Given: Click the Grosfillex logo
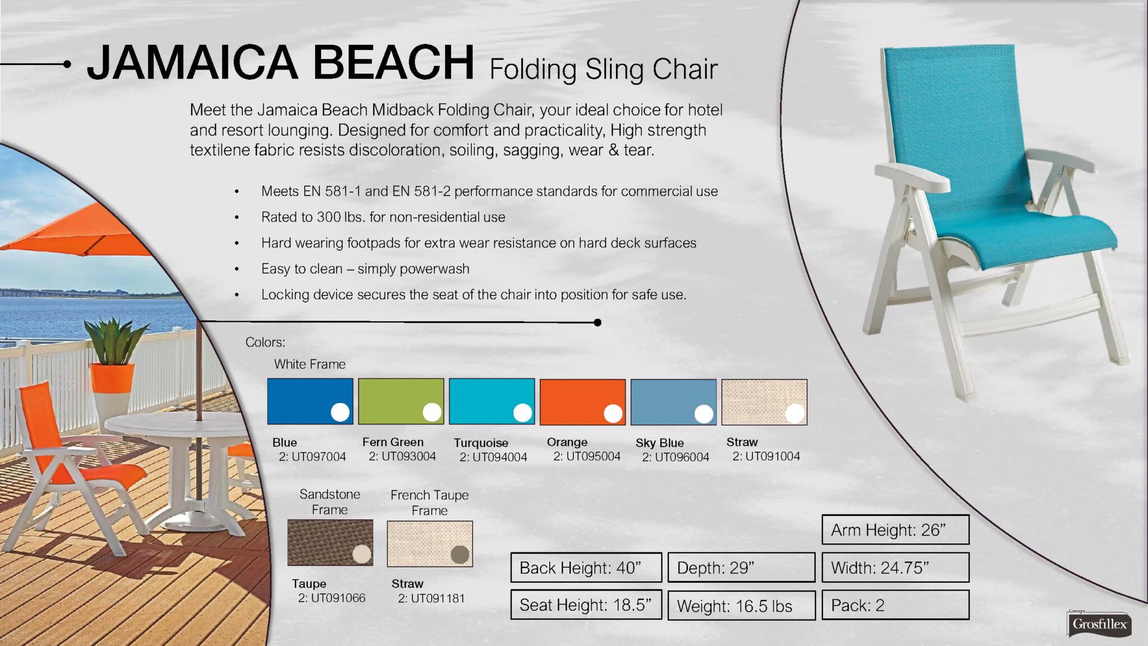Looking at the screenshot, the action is (1099, 624).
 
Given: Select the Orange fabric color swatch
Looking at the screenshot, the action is (582, 402).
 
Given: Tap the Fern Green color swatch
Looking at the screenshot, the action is (401, 402).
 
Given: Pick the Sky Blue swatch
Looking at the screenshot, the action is (673, 402).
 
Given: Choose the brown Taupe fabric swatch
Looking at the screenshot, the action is (330, 542).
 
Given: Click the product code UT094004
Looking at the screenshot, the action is (500, 457).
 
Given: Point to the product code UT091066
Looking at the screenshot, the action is (338, 598).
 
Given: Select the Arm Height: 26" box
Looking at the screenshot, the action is (895, 529).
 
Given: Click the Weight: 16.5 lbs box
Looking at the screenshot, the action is (741, 606).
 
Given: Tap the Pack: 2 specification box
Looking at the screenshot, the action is (895, 605).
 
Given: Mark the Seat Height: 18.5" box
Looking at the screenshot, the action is (586, 605).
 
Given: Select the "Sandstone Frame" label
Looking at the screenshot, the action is (330, 502).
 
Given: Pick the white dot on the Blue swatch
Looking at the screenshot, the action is (340, 412).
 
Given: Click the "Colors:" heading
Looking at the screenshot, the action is (265, 342).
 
